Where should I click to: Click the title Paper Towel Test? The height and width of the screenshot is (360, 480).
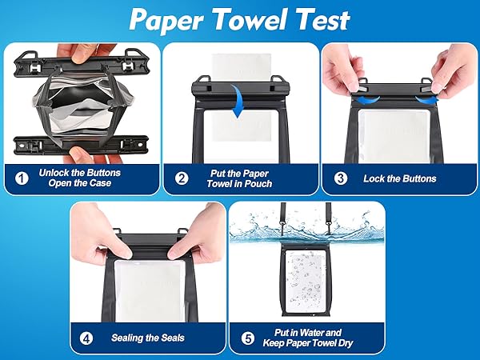[239, 19]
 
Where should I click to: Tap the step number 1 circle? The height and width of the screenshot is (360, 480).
[22, 178]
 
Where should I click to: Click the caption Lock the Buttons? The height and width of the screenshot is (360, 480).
[400, 178]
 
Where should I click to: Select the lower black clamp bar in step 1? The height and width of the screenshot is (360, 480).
[80, 144]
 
